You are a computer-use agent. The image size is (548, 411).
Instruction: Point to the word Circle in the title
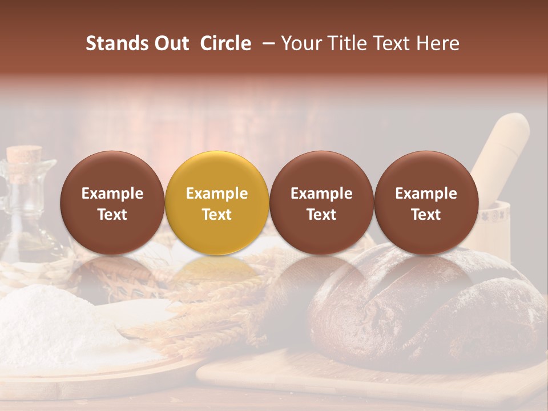click(x=225, y=43)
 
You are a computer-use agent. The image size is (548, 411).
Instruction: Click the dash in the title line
click(x=267, y=43)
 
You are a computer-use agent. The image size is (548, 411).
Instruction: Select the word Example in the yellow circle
click(x=217, y=194)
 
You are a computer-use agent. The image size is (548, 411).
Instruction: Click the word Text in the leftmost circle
click(x=112, y=215)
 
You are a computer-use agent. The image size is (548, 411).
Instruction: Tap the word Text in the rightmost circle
click(x=426, y=215)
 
